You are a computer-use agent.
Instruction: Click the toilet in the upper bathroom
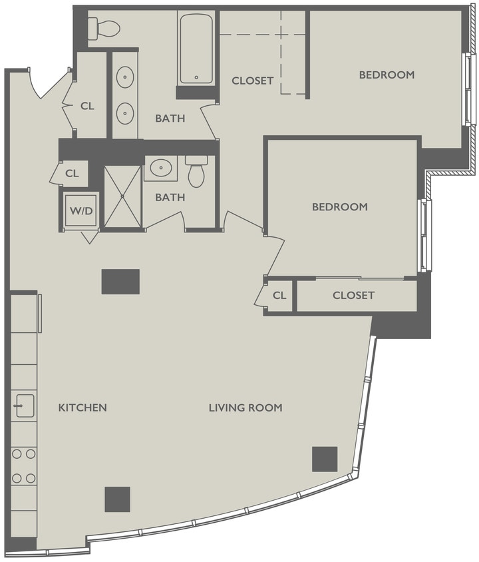click(x=104, y=29)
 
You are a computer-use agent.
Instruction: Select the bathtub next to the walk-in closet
click(x=196, y=49)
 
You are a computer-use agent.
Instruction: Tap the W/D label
click(x=80, y=211)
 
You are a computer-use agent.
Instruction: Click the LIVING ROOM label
click(x=245, y=408)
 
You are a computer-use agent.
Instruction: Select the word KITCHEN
click(x=82, y=408)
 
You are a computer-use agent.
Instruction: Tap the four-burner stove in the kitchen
click(x=23, y=465)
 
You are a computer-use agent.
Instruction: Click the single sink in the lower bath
click(x=161, y=168)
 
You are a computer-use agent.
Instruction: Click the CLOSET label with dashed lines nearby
click(x=252, y=81)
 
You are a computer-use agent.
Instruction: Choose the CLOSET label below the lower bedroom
click(x=353, y=295)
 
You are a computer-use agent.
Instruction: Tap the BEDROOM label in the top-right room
click(x=387, y=75)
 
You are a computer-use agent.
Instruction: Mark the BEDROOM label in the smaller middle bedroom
click(x=339, y=207)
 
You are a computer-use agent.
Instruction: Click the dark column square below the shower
click(x=120, y=282)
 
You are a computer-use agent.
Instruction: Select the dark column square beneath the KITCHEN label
click(x=117, y=499)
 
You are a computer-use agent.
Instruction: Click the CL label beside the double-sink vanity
click(x=87, y=105)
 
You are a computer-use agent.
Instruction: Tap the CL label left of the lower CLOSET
click(x=280, y=295)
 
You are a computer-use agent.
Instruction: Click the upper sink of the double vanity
click(x=125, y=79)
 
